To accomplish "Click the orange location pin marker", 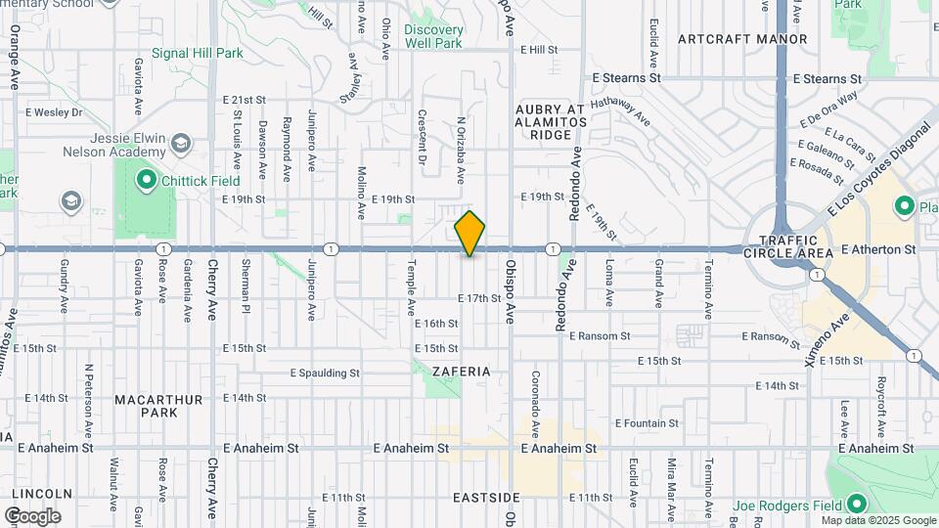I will tap(469, 233).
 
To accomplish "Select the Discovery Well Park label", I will tap(433, 36).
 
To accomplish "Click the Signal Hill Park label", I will tap(197, 54).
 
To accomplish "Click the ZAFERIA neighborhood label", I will tap(462, 373).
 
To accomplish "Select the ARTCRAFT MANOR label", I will tap(742, 39).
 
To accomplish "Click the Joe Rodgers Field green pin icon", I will tap(857, 504).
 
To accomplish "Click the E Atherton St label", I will tap(878, 249).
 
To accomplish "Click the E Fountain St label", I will tap(647, 423).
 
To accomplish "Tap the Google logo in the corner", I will tap(32, 515).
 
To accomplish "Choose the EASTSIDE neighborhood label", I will tap(485, 498).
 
